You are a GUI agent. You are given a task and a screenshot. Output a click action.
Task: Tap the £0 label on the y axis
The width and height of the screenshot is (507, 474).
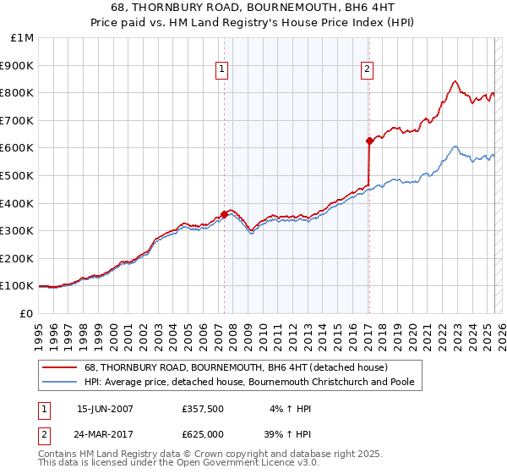pyautogui.click(x=26, y=313)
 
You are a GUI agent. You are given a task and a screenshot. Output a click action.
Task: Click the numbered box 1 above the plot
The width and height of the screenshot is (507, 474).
pyautogui.click(x=221, y=70)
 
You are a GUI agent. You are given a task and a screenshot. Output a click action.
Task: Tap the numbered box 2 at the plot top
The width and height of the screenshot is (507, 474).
pyautogui.click(x=368, y=70)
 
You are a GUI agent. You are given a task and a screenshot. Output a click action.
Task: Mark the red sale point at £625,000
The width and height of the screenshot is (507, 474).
pyautogui.click(x=369, y=141)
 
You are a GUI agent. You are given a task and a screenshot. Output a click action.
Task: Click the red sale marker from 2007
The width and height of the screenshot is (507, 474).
pyautogui.click(x=224, y=214)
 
